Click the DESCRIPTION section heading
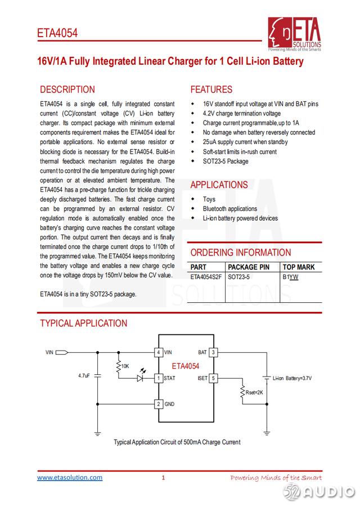pos(67,89)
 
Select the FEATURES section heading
pos(211,89)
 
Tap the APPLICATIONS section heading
pos(219,185)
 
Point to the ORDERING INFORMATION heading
pos(241,253)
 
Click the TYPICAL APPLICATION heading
pos(83,323)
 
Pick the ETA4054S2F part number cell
pos(206,277)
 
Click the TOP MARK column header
pos(299,267)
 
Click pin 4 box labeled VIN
pos(159,353)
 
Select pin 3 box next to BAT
pos(213,353)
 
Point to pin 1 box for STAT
pos(159,378)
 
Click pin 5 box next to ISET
pos(213,378)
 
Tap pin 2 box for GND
pos(159,404)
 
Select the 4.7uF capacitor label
pos(84,375)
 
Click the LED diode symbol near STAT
pos(141,378)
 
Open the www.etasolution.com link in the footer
pos(70,478)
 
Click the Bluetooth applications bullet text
pos(229,209)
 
